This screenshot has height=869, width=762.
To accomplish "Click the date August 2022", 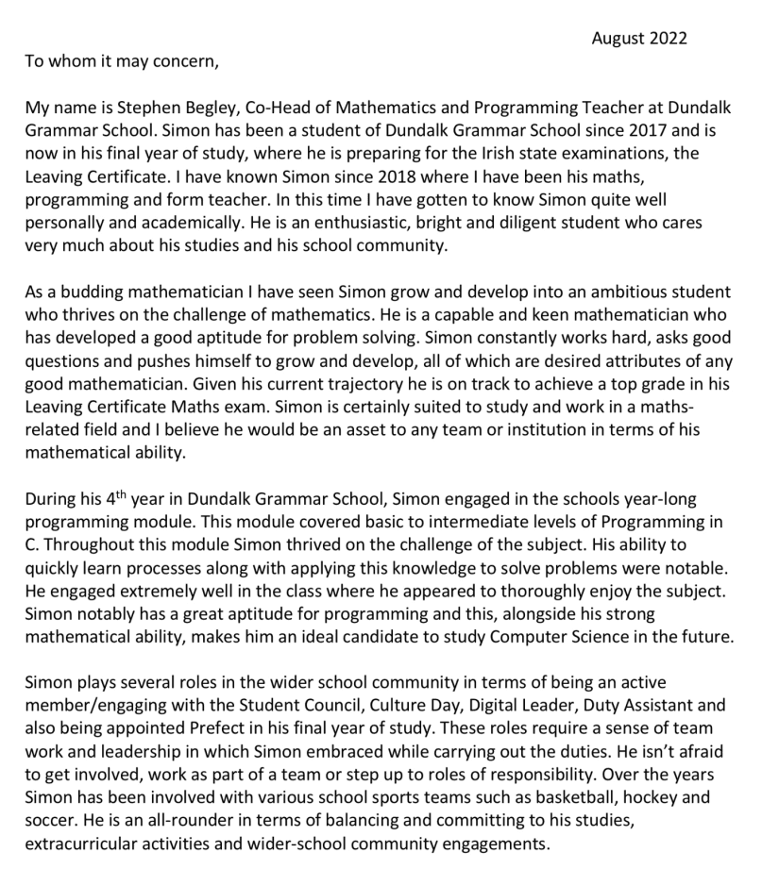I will (639, 39).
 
